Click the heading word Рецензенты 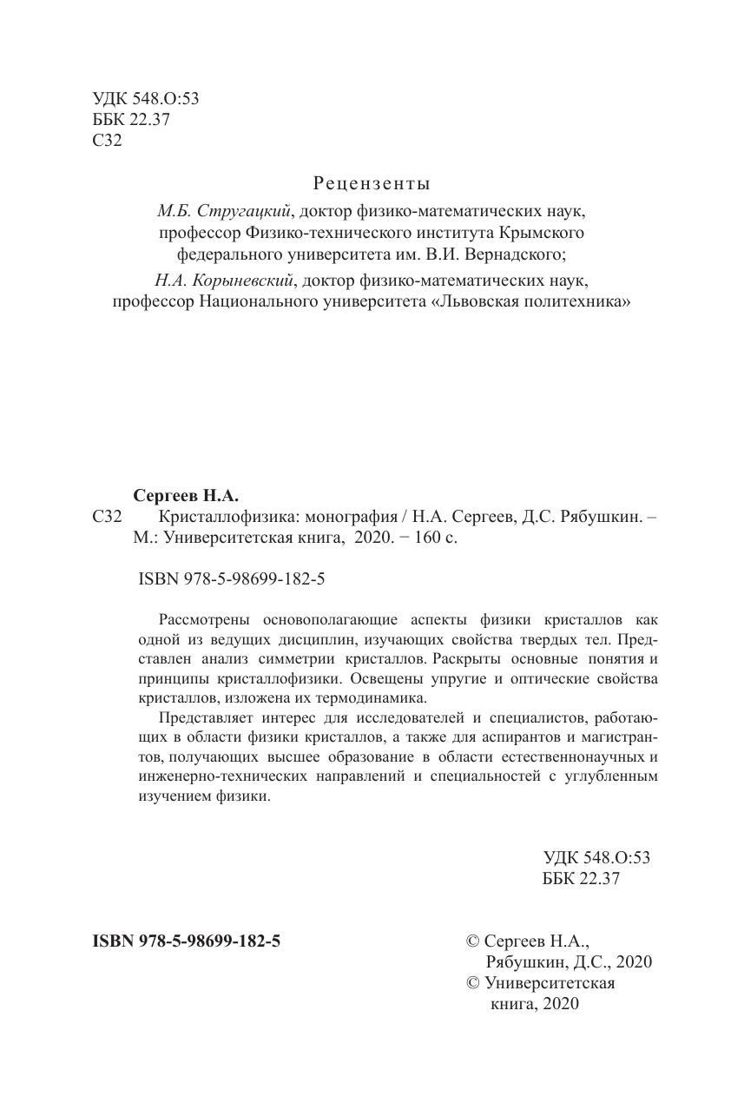(371, 183)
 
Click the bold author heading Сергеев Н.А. (185, 496)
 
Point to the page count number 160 (418, 538)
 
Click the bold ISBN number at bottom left (186, 940)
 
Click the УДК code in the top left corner (145, 99)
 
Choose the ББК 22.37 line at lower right (580, 878)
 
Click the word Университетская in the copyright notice (550, 982)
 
